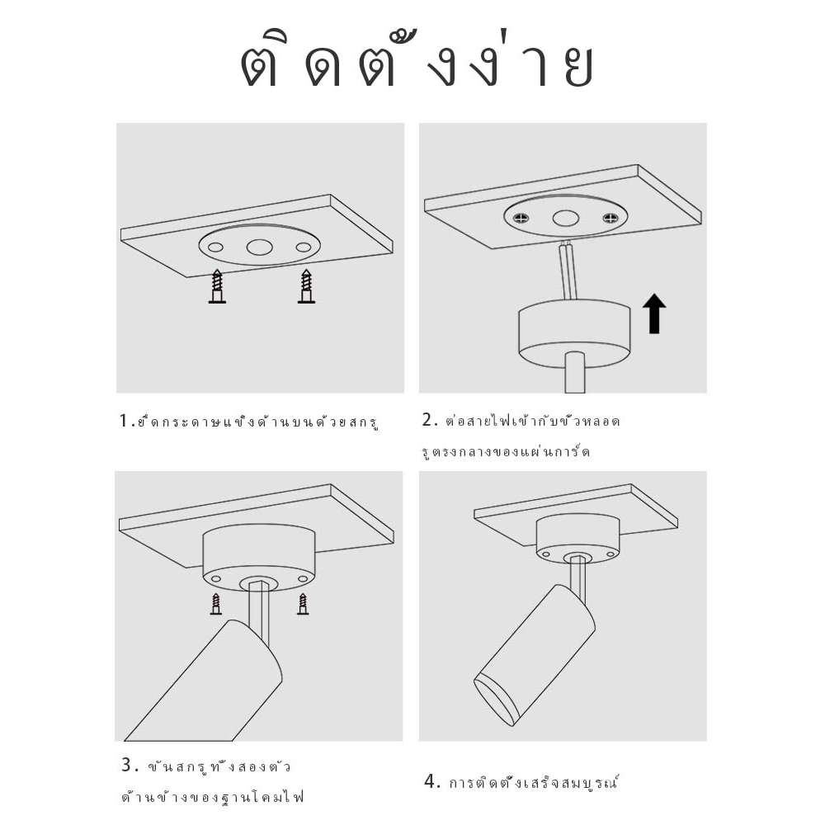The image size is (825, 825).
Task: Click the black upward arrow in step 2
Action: tap(654, 313)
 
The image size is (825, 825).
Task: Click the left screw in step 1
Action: tap(217, 286)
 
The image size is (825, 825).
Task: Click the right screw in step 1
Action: tap(306, 286)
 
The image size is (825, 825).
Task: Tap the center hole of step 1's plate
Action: tap(259, 247)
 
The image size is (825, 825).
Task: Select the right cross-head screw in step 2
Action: tap(610, 217)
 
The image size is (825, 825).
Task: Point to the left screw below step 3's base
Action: tap(215, 604)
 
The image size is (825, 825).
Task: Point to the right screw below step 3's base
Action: tap(303, 604)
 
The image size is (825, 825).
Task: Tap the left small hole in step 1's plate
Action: tap(215, 247)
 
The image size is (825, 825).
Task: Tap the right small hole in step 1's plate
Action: tap(304, 247)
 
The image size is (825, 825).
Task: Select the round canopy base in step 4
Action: tap(577, 540)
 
